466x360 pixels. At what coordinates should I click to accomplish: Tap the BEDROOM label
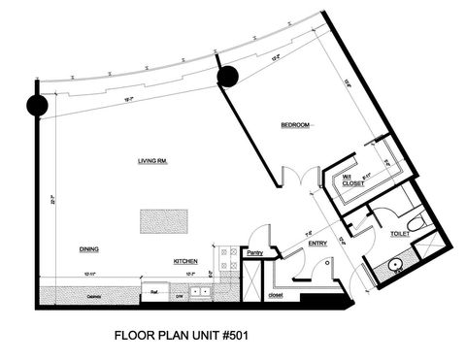295,125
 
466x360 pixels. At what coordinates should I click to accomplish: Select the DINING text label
89,248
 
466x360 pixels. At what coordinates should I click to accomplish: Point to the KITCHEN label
186,261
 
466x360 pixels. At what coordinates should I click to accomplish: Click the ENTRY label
317,244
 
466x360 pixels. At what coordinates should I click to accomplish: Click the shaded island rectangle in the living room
163,221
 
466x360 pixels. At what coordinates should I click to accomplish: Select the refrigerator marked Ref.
154,290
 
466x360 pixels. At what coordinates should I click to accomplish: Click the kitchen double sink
201,290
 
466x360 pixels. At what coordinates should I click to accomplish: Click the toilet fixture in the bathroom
416,224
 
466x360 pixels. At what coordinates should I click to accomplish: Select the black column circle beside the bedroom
229,77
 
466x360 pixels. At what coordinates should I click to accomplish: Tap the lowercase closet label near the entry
275,294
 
